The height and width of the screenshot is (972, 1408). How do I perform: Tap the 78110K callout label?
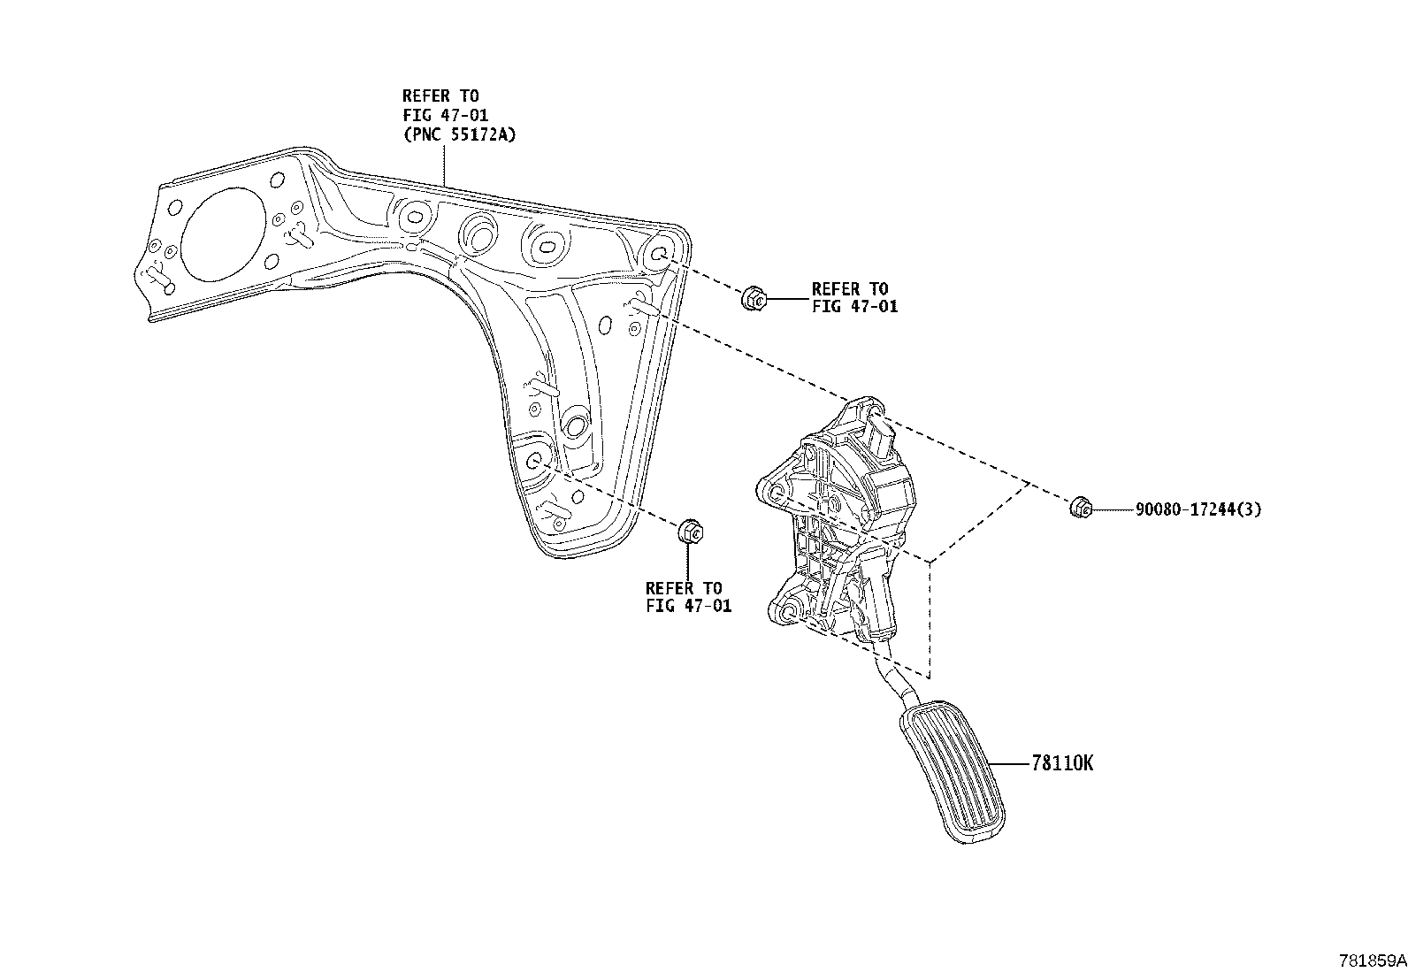[1062, 763]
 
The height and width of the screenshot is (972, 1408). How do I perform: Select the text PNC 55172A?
[459, 135]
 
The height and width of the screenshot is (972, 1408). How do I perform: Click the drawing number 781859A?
[1371, 961]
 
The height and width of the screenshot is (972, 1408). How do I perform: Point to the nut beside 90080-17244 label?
[1080, 508]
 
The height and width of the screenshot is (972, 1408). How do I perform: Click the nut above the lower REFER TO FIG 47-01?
[691, 533]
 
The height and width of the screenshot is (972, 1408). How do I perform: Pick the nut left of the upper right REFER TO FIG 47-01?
[753, 299]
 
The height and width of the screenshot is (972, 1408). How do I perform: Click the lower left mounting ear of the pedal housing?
[785, 610]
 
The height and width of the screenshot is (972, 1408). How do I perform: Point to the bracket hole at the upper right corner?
[660, 254]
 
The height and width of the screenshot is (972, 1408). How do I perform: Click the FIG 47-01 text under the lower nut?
[688, 607]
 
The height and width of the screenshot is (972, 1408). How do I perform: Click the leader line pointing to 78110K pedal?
[1008, 763]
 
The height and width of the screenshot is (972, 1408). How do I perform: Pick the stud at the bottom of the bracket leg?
[555, 511]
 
